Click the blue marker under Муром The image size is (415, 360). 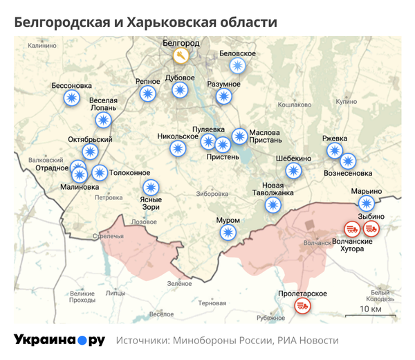point(229,233)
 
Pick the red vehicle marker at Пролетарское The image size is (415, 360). point(302,306)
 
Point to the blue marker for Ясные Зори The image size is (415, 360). point(151,187)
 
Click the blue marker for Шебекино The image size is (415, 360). point(294,170)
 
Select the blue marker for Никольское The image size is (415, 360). point(178,148)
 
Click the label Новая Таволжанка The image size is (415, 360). point(273,188)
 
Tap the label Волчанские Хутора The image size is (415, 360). point(352,245)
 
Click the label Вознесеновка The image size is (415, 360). point(349,173)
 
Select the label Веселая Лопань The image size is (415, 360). point(104,104)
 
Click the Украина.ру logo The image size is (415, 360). point(59,340)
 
